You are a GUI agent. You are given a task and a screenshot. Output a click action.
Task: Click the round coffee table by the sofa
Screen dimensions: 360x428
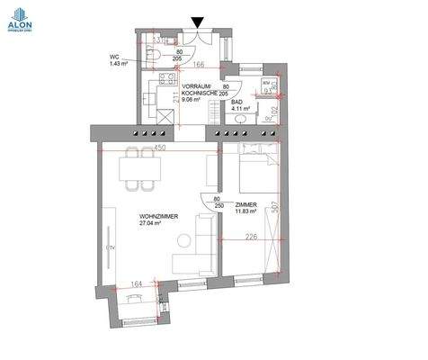(x=183, y=240)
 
